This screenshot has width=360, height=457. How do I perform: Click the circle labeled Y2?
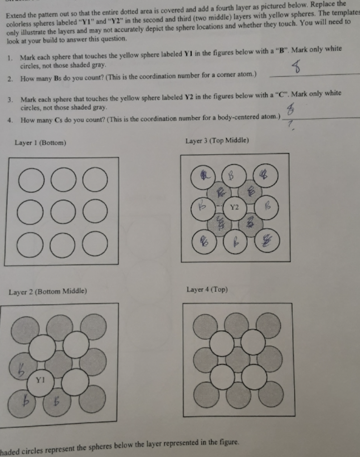pyautogui.click(x=235, y=208)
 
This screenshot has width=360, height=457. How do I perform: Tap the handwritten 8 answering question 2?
pyautogui.click(x=296, y=69)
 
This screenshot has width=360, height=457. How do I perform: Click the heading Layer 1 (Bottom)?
pyautogui.click(x=40, y=143)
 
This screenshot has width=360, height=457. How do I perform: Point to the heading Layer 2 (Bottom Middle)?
pyautogui.click(x=47, y=292)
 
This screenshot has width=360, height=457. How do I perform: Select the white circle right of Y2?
pyautogui.click(x=267, y=208)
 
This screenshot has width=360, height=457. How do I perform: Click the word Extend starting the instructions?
pyautogui.click(x=17, y=16)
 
